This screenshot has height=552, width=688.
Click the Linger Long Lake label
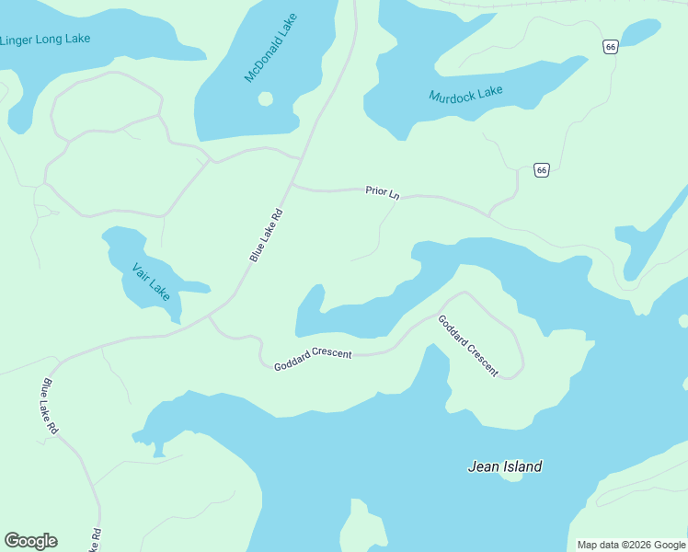point(44,40)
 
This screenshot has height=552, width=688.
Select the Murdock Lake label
point(465,94)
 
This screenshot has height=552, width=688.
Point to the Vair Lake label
point(151,282)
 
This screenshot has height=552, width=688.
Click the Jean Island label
point(505,466)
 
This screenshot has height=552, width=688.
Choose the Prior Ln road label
point(383,192)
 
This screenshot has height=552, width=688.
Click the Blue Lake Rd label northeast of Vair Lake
point(266,236)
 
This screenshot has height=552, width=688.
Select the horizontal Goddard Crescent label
point(313,361)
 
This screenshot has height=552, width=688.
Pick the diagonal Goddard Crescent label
point(468,346)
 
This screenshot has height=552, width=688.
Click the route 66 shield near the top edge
point(610,47)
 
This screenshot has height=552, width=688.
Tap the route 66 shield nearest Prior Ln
point(541,169)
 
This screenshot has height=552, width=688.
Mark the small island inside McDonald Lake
point(265,98)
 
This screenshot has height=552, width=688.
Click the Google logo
point(30,541)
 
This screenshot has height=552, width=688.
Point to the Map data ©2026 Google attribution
point(631,545)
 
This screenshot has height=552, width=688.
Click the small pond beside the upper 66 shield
point(640,33)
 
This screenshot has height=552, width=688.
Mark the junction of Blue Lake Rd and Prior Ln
point(291,185)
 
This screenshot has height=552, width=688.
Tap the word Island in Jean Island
point(522,466)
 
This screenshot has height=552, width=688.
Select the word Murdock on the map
point(451,96)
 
